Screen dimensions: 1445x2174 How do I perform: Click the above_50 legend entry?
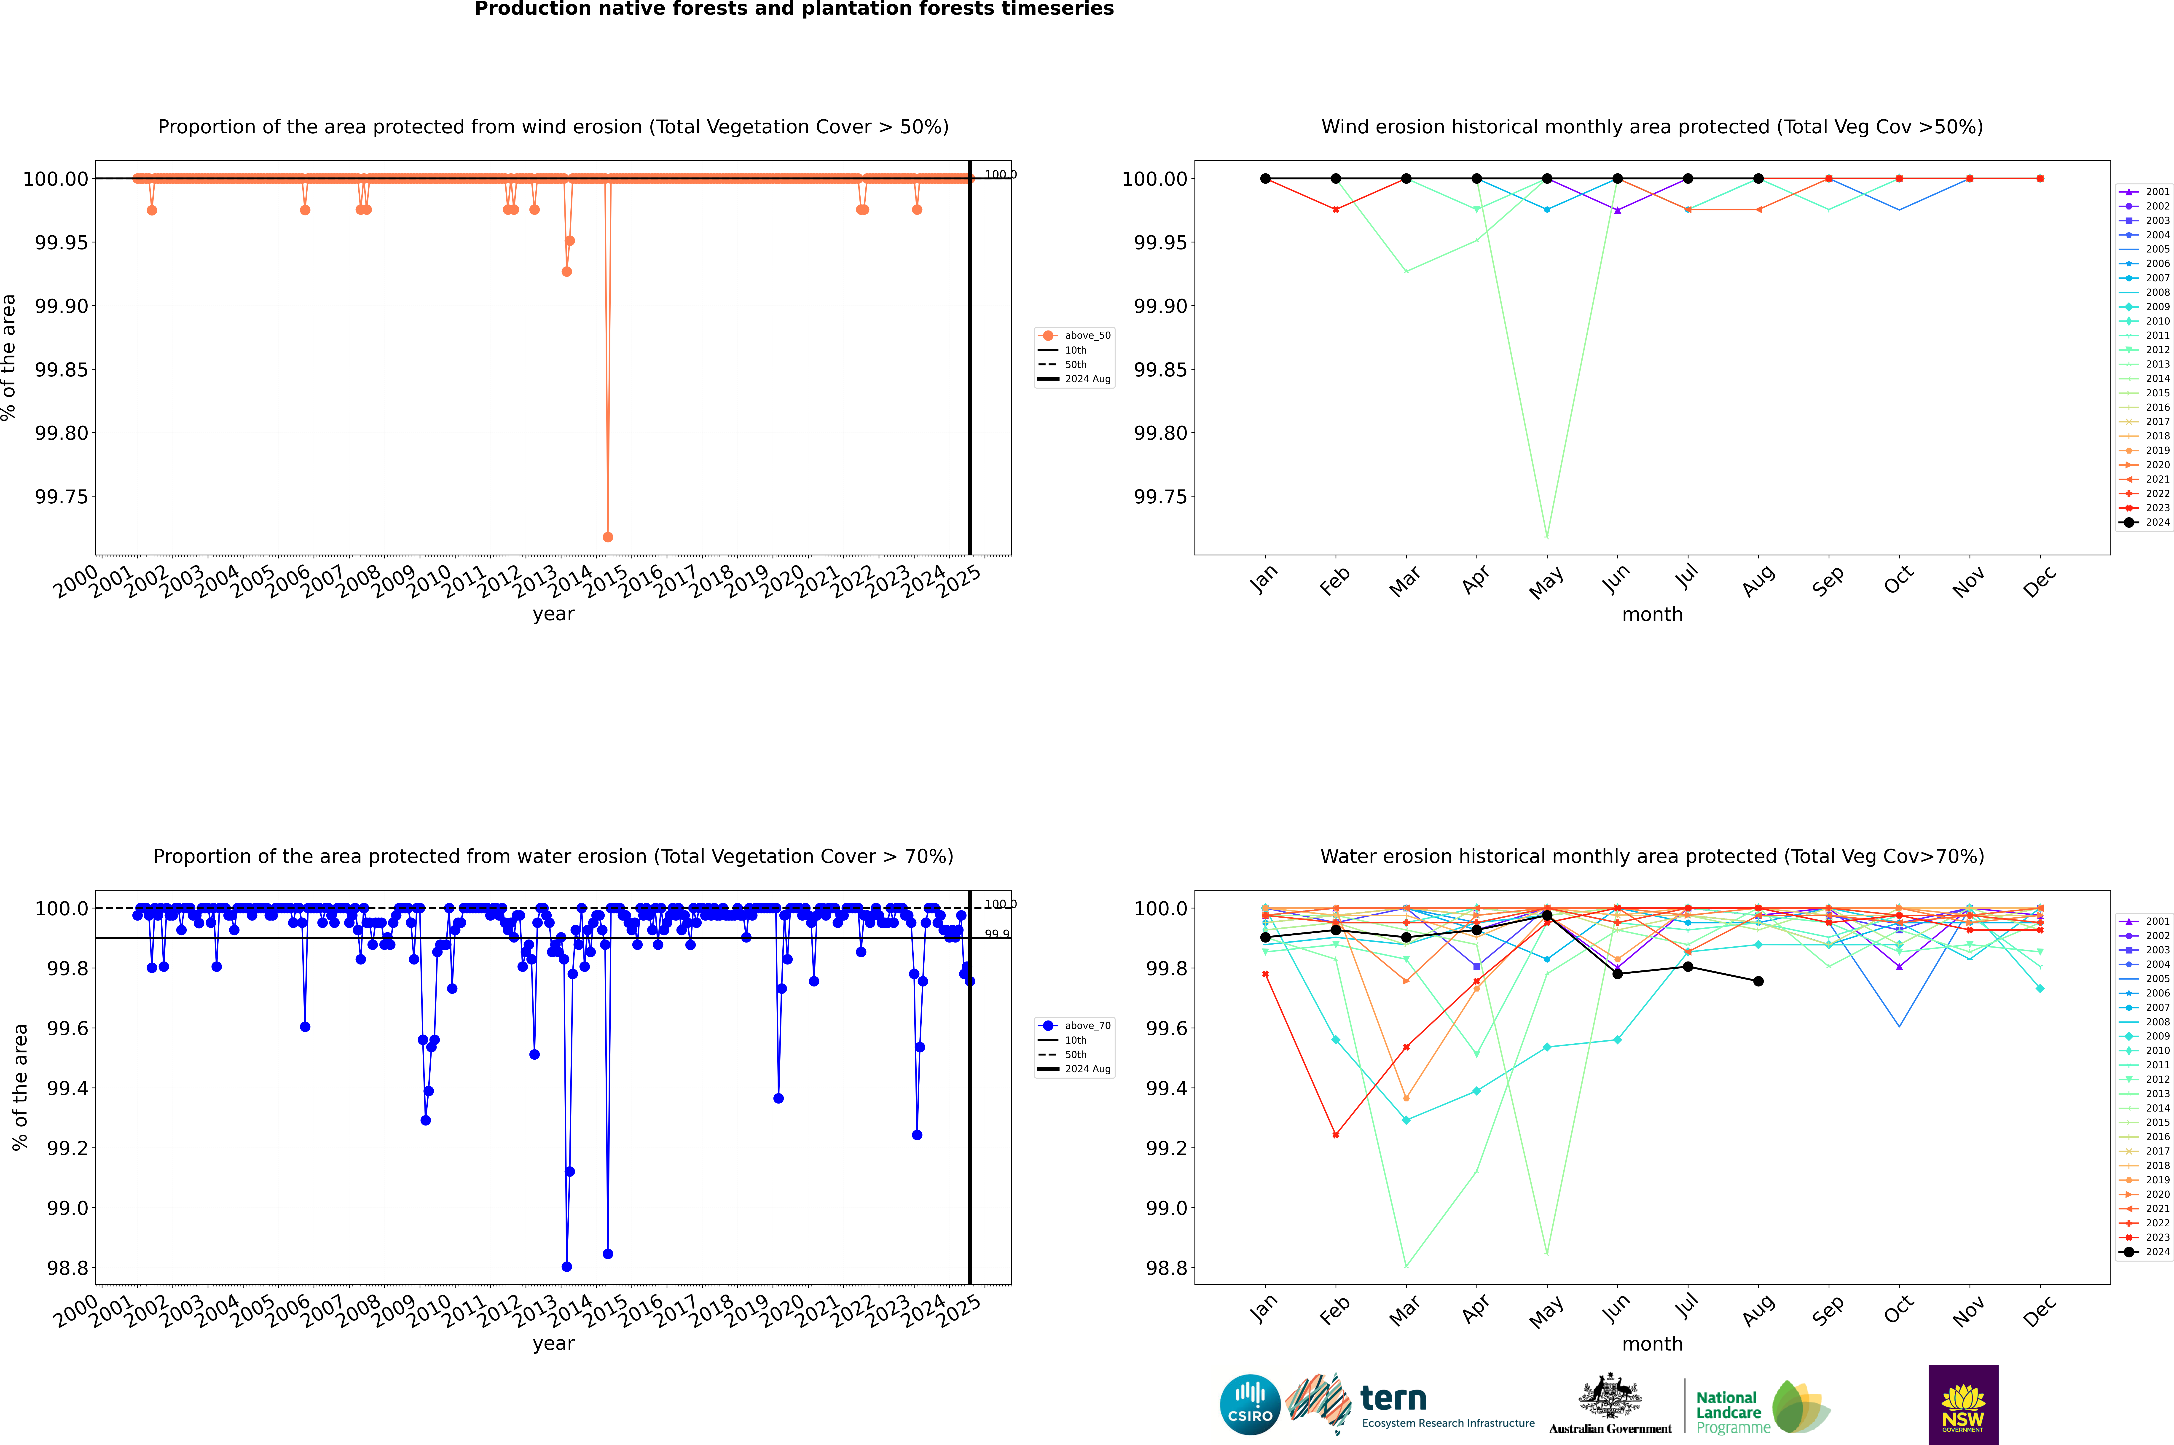click(1075, 336)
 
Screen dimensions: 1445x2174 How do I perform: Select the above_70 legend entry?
click(1075, 1026)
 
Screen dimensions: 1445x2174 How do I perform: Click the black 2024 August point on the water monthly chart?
click(1758, 981)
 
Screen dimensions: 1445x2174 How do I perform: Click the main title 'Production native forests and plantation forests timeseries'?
click(794, 9)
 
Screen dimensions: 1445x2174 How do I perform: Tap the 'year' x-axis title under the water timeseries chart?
click(553, 1344)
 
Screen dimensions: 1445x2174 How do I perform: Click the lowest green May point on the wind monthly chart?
click(1546, 536)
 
